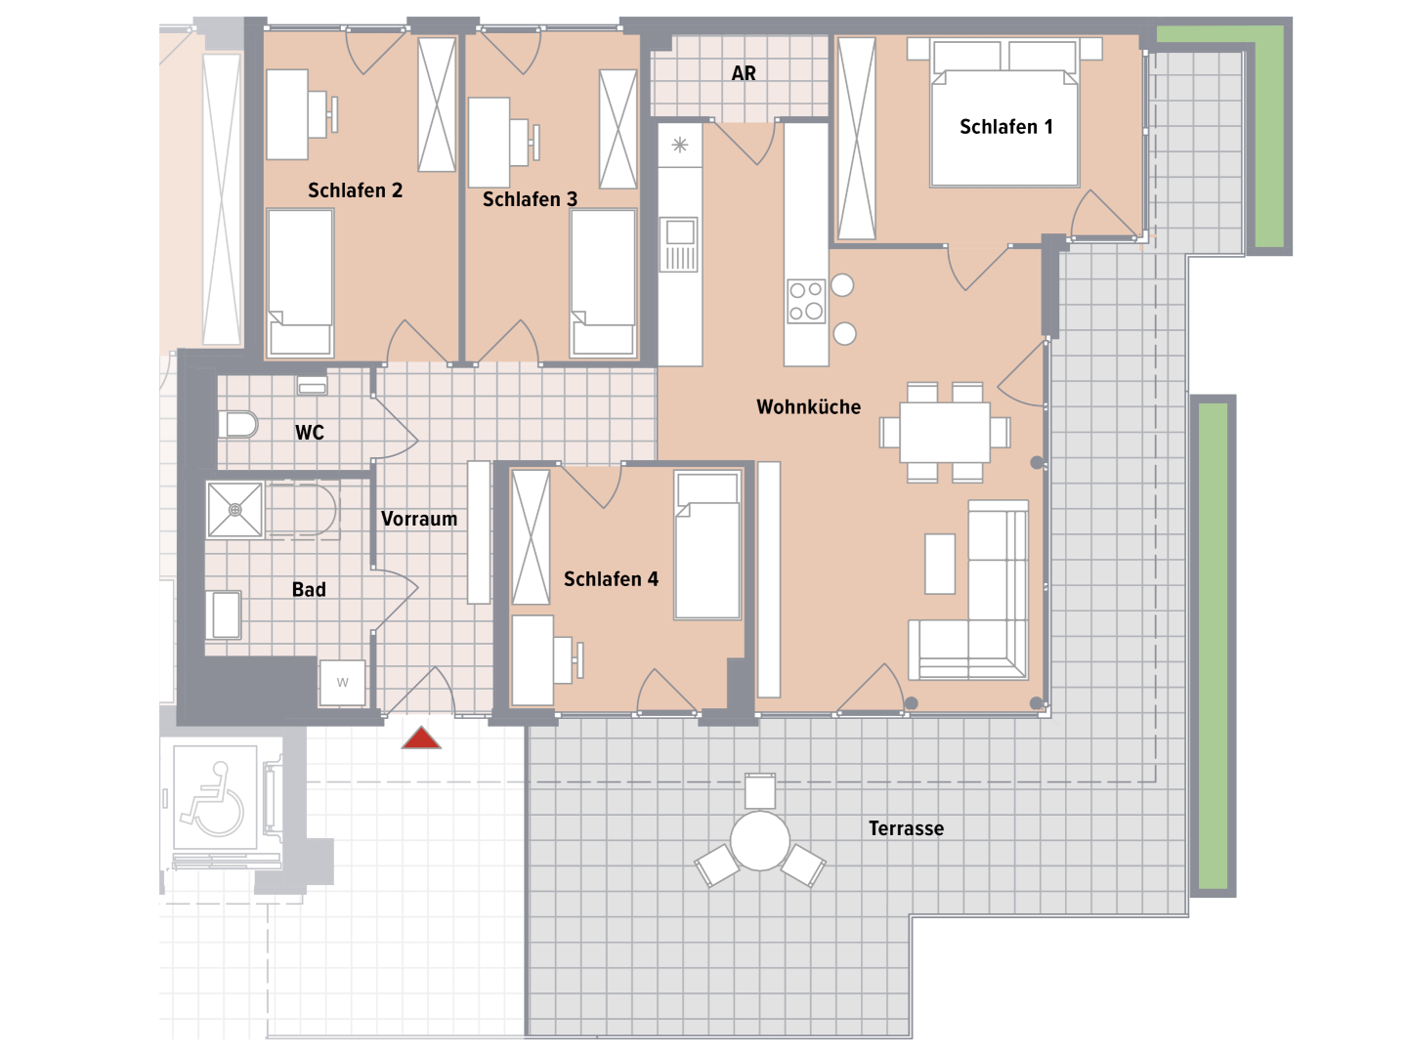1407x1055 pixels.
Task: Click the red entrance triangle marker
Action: (x=421, y=738)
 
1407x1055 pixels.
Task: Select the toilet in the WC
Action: (x=237, y=425)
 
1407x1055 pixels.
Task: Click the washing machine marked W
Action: (x=343, y=683)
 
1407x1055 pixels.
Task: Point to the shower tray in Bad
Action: (x=235, y=510)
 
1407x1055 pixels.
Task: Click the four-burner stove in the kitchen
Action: (x=806, y=301)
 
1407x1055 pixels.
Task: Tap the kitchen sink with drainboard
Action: (x=679, y=244)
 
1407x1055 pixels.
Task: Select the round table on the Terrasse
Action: (x=759, y=840)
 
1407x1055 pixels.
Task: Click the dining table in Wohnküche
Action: (x=945, y=432)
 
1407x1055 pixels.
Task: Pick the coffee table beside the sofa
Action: (x=940, y=564)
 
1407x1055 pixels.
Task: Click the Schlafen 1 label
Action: (x=1005, y=127)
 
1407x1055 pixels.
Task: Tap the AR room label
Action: (x=744, y=73)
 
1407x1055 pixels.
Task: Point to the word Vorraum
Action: (x=419, y=519)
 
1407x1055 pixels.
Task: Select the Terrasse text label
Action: (x=906, y=828)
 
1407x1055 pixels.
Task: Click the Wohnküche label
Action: (x=808, y=406)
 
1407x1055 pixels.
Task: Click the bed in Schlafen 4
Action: (x=707, y=545)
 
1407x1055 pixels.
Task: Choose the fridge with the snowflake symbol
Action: (x=679, y=146)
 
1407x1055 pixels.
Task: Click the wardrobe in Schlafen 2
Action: (x=437, y=105)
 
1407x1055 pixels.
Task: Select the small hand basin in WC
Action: (x=312, y=386)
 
